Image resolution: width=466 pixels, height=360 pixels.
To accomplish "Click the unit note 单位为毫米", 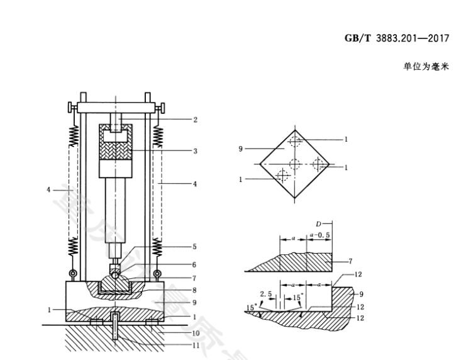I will point(426,65).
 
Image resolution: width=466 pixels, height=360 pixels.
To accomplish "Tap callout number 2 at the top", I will point(196,119).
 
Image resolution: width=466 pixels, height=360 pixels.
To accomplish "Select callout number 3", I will point(196,151).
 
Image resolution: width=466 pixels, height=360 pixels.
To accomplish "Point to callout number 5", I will point(196,247).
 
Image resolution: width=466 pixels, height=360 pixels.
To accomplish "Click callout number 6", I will point(196,264).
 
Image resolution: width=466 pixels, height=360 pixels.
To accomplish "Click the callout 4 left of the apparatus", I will point(49,189).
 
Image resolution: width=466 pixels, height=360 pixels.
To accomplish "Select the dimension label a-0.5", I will point(320,235).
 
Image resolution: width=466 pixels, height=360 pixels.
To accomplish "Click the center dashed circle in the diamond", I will point(294,165).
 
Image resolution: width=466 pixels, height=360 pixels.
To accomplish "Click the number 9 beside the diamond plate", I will point(241,149).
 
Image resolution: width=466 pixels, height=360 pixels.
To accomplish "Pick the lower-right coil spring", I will point(157,249).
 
